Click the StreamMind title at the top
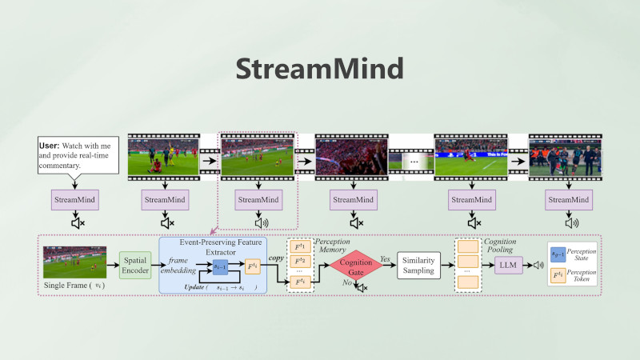pyautogui.click(x=320, y=69)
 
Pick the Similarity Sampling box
pyautogui.click(x=424, y=266)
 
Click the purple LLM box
pyautogui.click(x=507, y=265)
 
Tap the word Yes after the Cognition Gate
pyautogui.click(x=386, y=259)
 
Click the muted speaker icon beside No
pyautogui.click(x=361, y=287)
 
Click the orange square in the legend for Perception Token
pyautogui.click(x=558, y=278)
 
